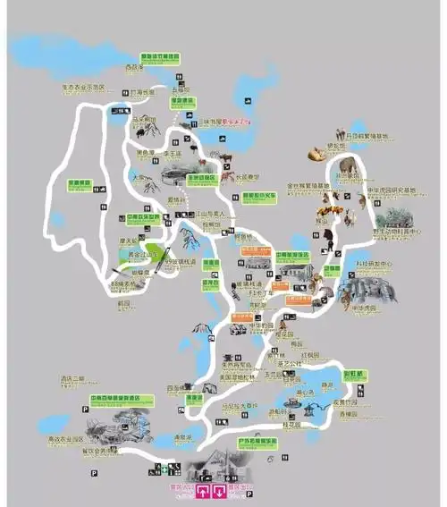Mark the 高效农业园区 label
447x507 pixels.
click(65, 440)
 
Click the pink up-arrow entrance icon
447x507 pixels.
click(204, 491)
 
